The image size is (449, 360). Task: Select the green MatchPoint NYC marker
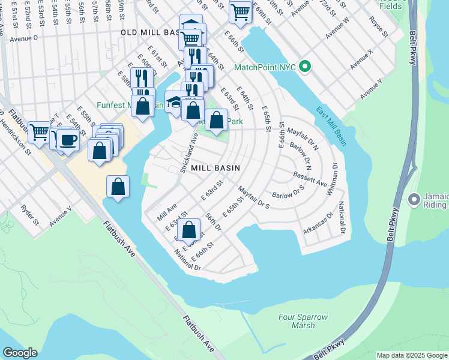coord(305,67)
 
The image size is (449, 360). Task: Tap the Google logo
coord(20,353)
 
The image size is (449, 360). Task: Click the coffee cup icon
coord(68,139)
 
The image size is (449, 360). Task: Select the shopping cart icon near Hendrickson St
coord(40,131)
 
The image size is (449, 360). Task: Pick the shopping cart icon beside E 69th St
coord(240,11)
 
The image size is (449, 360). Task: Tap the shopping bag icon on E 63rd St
coord(189,229)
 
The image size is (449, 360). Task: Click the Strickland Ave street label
coord(190,154)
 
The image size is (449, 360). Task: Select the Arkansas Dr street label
coord(318,223)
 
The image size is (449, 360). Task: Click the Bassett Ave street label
coord(309,178)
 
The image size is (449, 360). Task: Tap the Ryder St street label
coord(30,214)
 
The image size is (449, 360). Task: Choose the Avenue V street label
coord(61,217)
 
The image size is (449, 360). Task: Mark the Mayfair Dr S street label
coord(254,197)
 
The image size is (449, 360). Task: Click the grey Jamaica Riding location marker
coord(414,199)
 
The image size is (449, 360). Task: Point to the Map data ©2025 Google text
coord(411,355)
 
